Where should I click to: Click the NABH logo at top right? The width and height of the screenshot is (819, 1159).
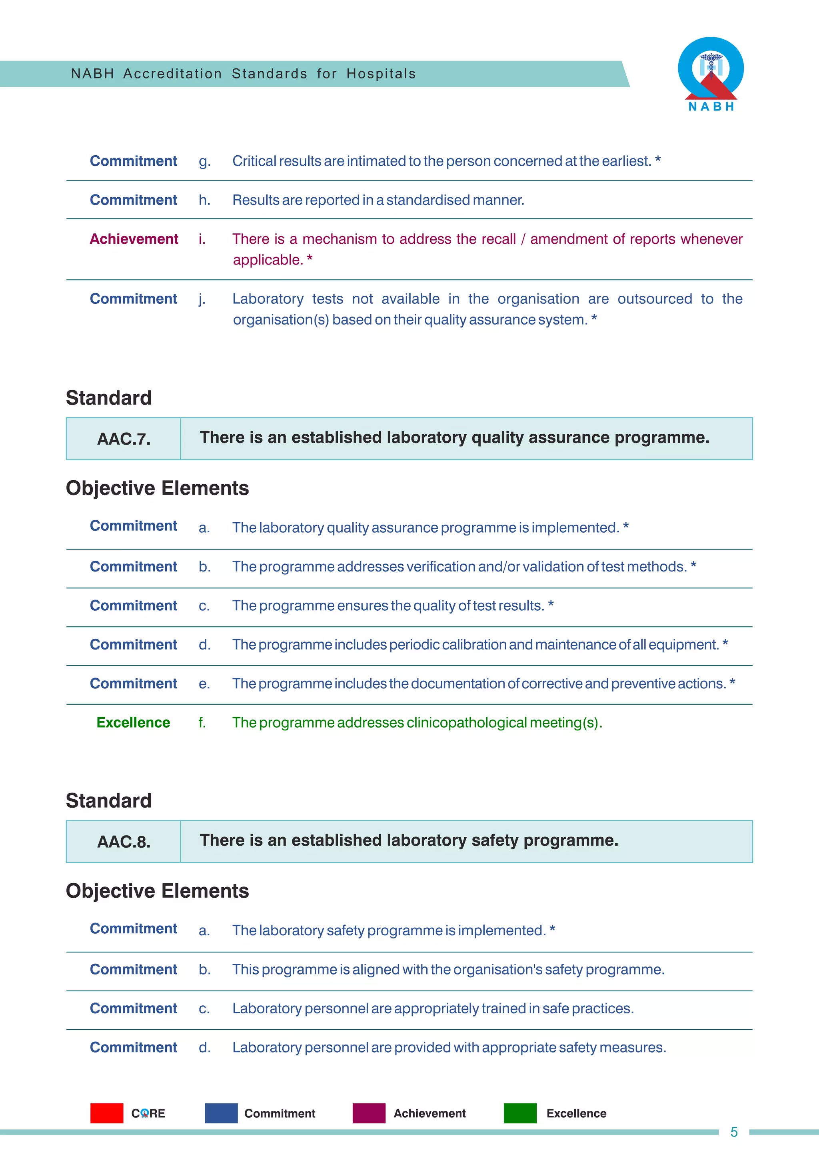[x=711, y=74]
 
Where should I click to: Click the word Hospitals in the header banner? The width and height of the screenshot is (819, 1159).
[x=381, y=74]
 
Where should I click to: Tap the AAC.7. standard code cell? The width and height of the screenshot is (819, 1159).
[x=124, y=439]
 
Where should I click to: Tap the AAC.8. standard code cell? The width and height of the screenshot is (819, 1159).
[x=124, y=842]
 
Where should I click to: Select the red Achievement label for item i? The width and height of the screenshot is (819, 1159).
[x=134, y=239]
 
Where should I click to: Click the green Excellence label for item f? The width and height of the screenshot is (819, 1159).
[x=133, y=722]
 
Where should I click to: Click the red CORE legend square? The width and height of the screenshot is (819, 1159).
[x=106, y=1113]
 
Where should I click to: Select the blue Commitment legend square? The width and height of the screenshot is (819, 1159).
[x=221, y=1113]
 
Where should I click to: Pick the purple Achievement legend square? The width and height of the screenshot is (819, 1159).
[x=369, y=1113]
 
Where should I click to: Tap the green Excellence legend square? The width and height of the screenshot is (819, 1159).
[x=520, y=1113]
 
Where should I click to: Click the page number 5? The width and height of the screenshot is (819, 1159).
[x=734, y=1132]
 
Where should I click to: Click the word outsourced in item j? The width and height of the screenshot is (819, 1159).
[x=654, y=299]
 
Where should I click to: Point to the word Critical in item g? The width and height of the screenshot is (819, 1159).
[x=254, y=161]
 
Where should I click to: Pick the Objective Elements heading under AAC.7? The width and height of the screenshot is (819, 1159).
[x=157, y=488]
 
